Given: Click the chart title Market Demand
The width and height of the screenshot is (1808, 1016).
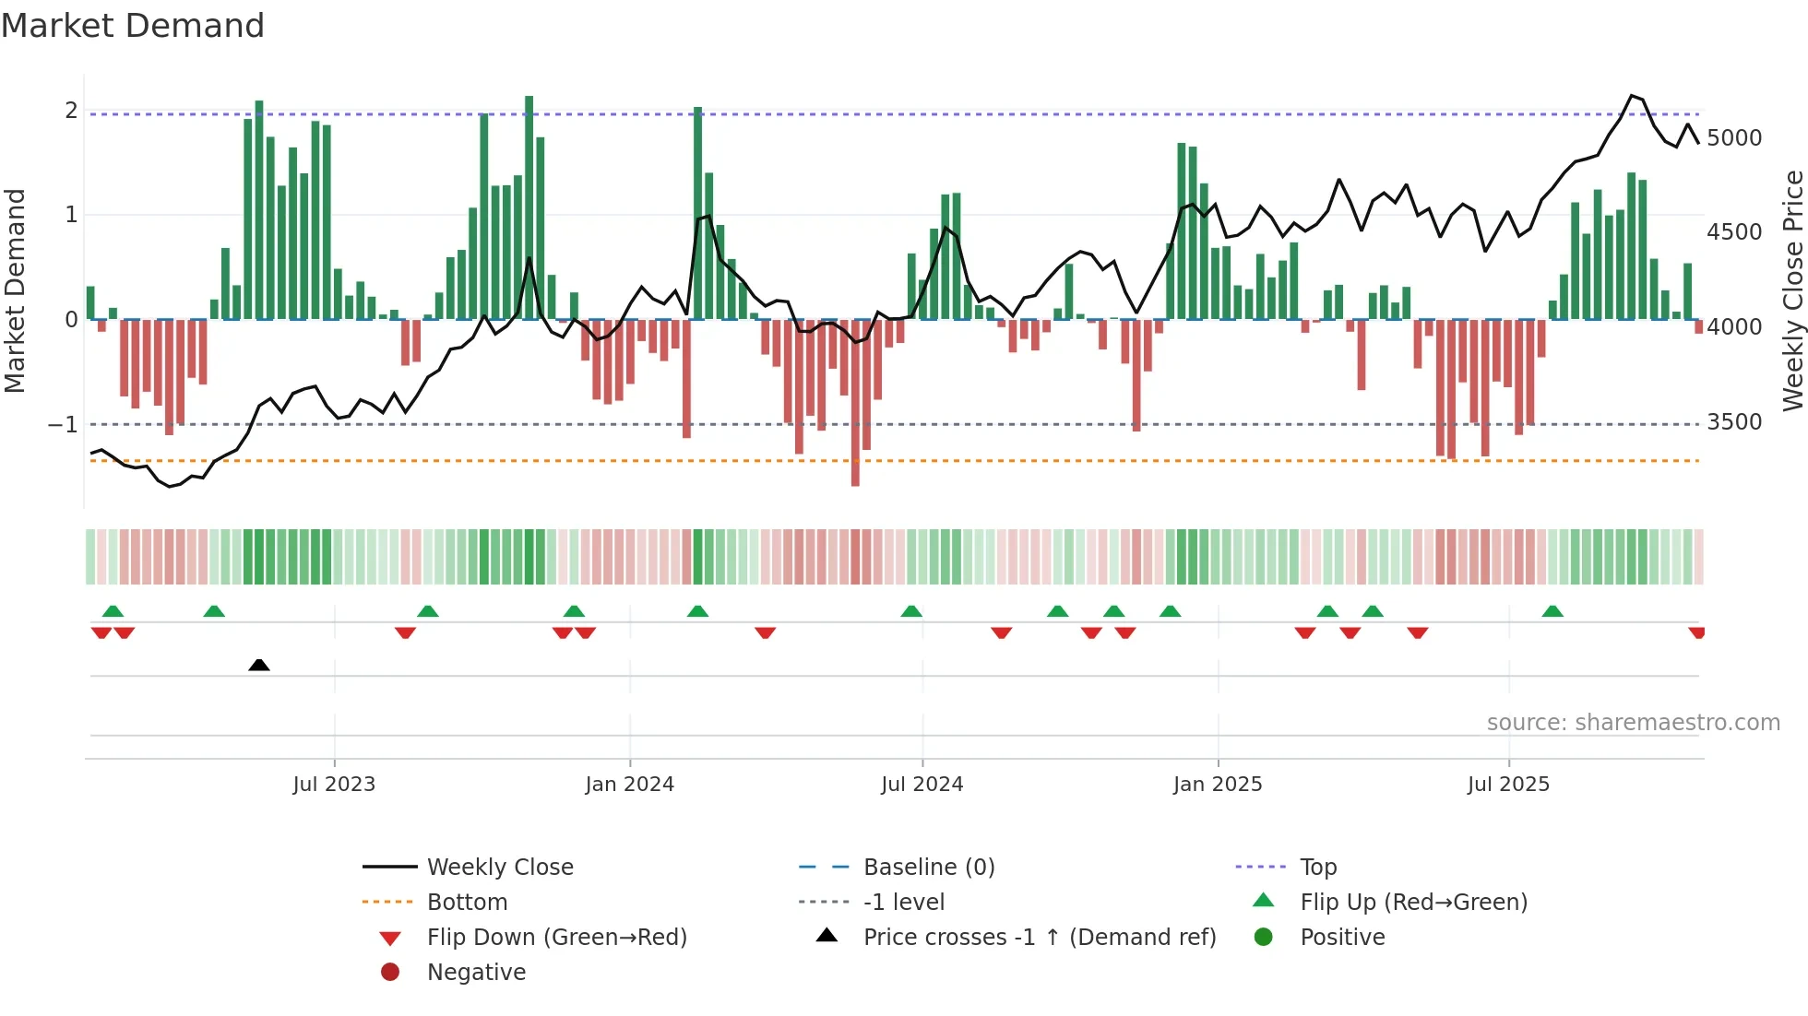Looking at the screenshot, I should [133, 26].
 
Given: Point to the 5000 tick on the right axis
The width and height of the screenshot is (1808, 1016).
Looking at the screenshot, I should [1733, 138].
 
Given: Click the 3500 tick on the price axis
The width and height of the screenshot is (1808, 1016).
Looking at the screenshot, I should [1733, 422].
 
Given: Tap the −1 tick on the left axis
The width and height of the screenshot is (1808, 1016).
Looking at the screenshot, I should [64, 425].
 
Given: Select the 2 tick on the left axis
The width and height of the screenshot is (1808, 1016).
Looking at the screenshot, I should [71, 111].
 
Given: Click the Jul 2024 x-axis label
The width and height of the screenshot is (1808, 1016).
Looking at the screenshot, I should [922, 785].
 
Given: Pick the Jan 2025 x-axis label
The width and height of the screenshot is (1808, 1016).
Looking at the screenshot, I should [1217, 785].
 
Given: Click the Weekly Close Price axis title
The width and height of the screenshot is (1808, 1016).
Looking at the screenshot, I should [1792, 290].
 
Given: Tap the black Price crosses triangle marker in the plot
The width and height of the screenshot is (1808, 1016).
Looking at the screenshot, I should [259, 665].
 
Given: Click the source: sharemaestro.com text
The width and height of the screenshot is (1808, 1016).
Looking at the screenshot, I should [1633, 723].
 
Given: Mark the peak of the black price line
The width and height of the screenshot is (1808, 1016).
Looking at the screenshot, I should [1632, 96].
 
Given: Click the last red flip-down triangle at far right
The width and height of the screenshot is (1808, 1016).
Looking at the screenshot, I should [1696, 632].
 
